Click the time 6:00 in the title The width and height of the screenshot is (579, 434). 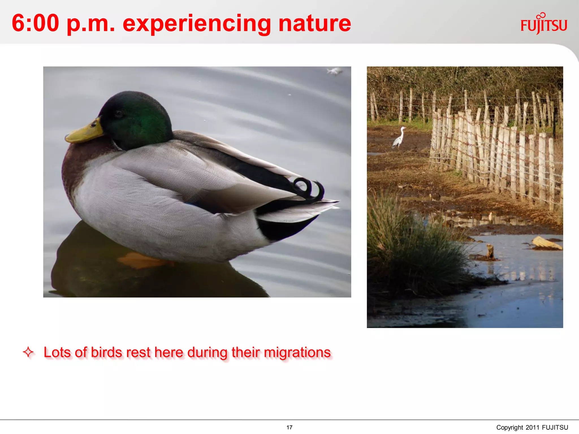(x=35, y=23)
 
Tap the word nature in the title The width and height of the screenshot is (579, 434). (x=314, y=23)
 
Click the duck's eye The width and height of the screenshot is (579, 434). (x=118, y=114)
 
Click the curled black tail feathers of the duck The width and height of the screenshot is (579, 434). (x=308, y=188)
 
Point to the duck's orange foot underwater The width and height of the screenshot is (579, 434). (x=141, y=261)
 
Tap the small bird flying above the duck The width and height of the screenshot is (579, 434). (x=335, y=71)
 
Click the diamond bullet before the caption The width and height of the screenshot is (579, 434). (x=28, y=352)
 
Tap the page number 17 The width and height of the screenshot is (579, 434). (x=289, y=427)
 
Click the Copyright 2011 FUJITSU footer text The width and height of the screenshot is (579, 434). (x=532, y=427)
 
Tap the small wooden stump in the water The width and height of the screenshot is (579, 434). (x=490, y=251)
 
